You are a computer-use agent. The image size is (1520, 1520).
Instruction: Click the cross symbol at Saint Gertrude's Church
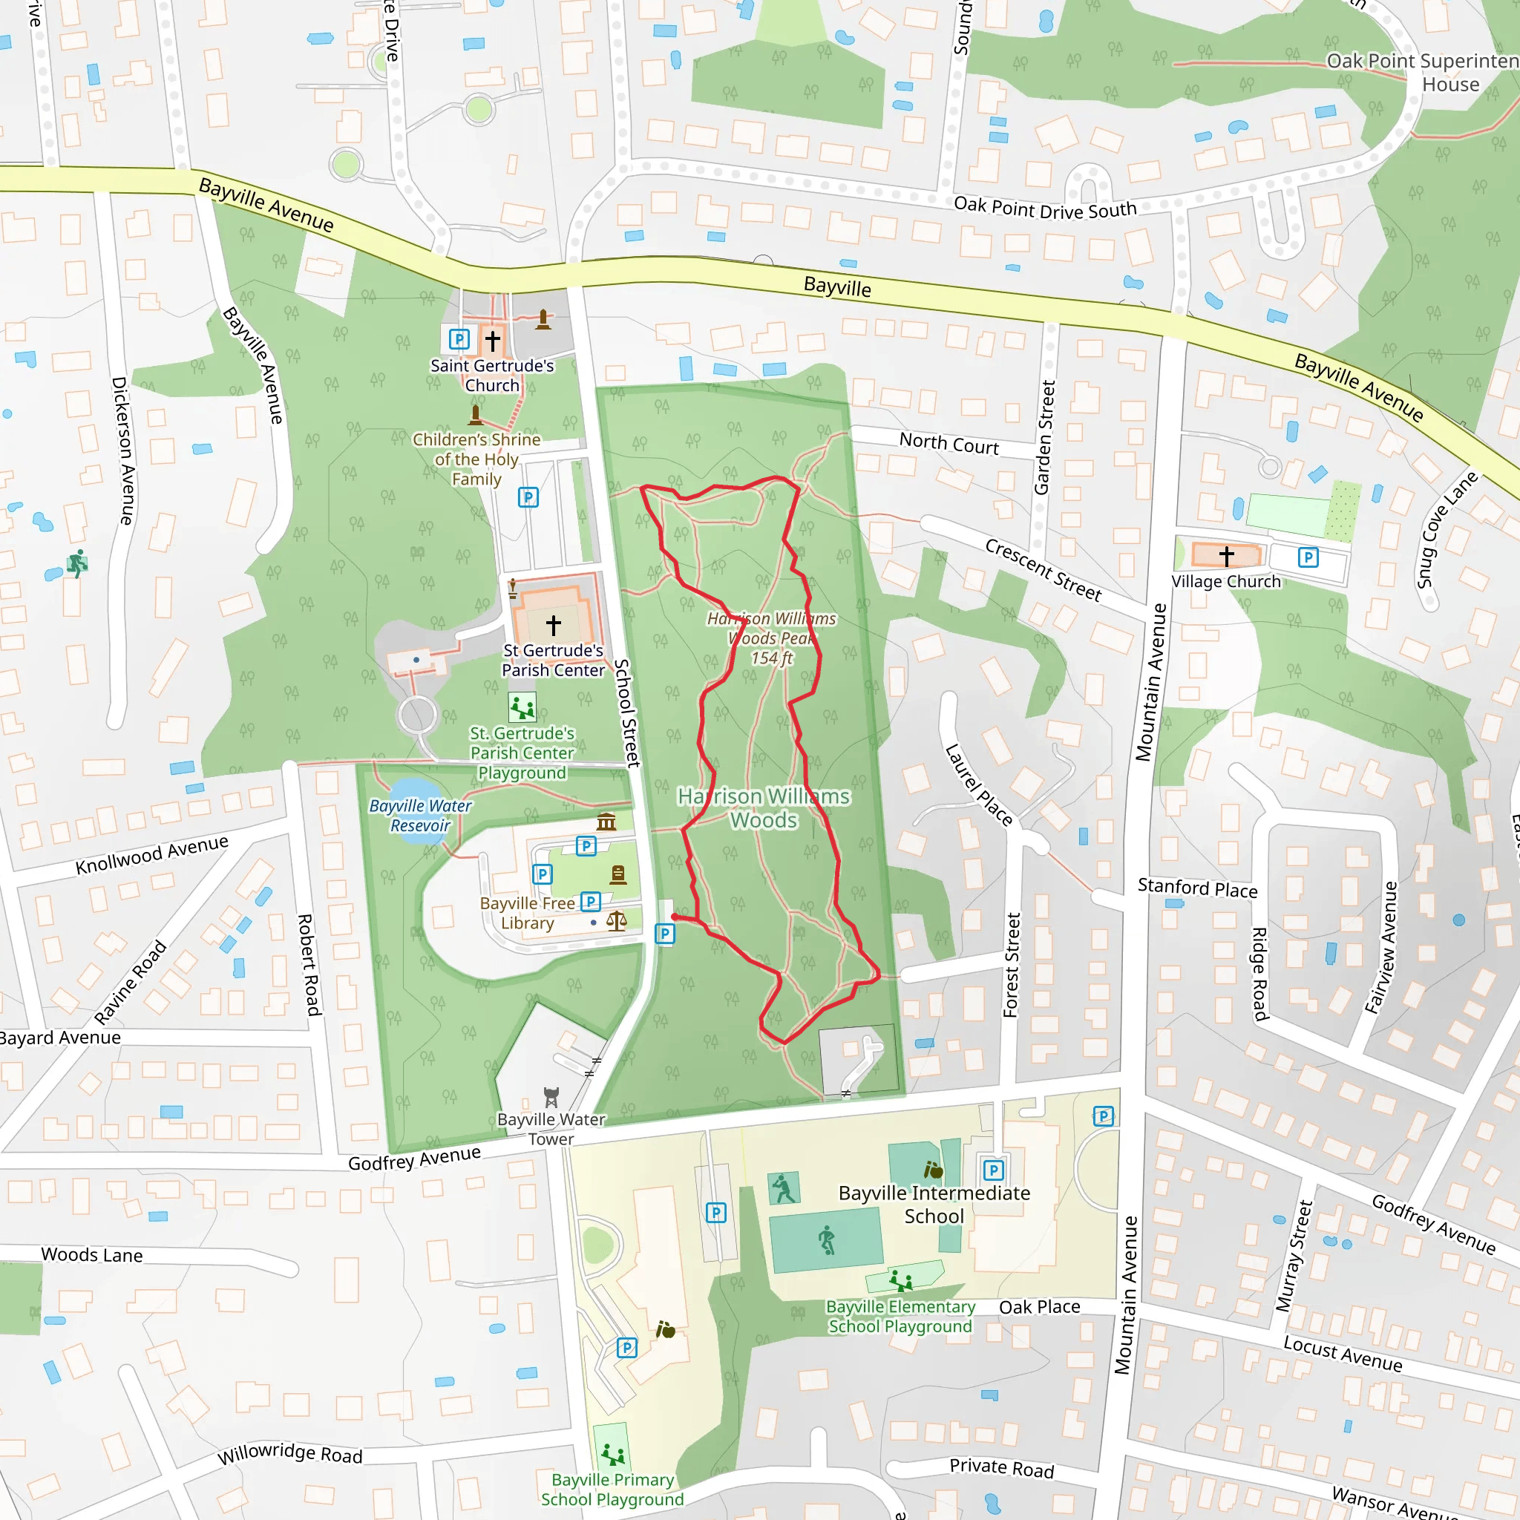click(493, 340)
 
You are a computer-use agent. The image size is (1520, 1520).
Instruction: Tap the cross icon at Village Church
click(1227, 556)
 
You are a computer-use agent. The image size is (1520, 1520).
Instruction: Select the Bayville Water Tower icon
click(551, 1097)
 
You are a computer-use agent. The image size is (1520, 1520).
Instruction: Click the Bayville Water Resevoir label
click(420, 816)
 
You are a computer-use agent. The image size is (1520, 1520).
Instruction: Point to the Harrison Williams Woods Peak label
click(771, 638)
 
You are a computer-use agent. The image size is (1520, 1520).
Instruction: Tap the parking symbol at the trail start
click(665, 934)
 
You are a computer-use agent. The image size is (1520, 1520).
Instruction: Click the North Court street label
click(949, 444)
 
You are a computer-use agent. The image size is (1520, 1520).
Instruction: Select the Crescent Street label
click(1044, 569)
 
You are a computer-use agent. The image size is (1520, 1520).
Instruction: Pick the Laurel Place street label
click(979, 784)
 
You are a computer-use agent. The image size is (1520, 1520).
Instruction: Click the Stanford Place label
click(1197, 888)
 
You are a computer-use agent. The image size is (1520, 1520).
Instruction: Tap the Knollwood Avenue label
click(152, 854)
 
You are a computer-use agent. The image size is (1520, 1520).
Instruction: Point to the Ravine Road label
click(131, 982)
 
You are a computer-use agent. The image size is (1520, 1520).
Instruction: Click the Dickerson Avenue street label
click(122, 450)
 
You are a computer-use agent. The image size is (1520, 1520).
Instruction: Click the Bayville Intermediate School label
click(934, 1205)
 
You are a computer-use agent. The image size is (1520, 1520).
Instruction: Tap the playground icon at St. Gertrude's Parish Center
click(522, 707)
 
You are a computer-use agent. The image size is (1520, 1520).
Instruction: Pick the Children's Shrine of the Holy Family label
click(476, 459)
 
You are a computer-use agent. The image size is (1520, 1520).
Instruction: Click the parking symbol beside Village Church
click(1308, 558)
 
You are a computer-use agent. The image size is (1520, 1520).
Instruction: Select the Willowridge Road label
click(289, 1454)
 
